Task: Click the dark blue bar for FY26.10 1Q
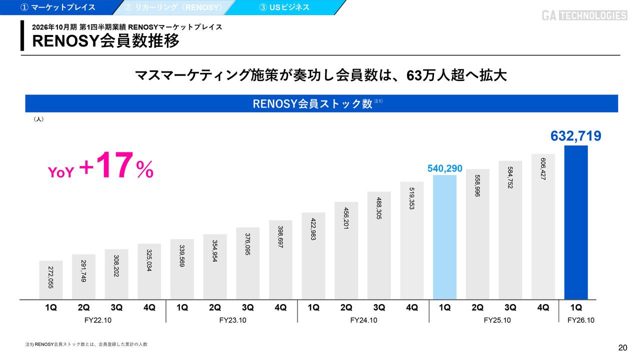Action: coord(575,222)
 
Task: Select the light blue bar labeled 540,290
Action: coord(444,237)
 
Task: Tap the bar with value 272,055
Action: coord(51,280)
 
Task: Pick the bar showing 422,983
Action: coord(313,256)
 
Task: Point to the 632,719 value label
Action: coord(575,136)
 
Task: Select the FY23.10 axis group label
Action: coord(232,320)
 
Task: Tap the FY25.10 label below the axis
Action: coord(497,320)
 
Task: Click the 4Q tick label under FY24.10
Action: coord(411,308)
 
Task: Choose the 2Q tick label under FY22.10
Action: coord(83,308)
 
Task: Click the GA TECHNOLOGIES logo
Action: coord(584,15)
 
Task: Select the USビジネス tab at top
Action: coord(284,7)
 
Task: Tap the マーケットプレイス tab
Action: coord(57,7)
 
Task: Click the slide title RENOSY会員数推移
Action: coord(105,40)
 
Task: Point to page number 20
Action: coord(622,348)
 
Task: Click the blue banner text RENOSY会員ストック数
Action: coord(312,103)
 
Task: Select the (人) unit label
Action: coord(38,119)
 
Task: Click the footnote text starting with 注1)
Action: coord(86,344)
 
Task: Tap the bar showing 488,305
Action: coord(379,245)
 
